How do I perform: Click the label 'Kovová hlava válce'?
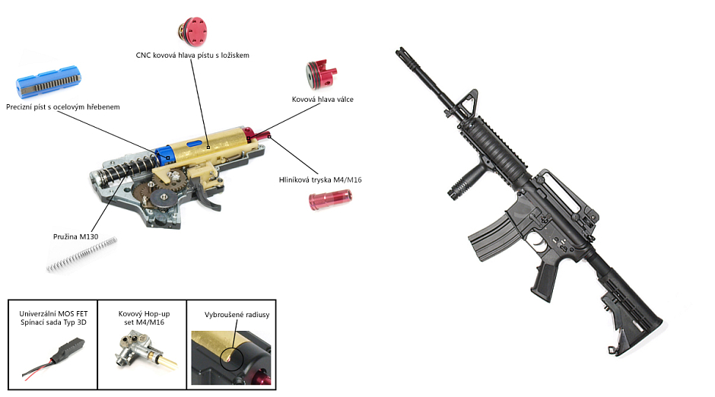tap(323, 100)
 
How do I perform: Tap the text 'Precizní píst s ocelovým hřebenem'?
tap(62, 107)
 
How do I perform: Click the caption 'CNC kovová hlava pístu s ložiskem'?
tap(192, 56)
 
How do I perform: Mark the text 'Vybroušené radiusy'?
tap(237, 314)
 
